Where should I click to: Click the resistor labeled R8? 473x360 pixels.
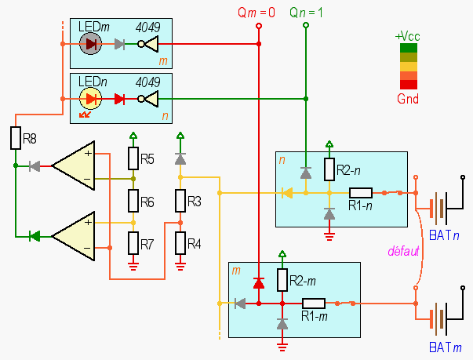point(16,139)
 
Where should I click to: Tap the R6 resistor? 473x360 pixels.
point(133,202)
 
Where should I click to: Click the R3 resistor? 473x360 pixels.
point(180,202)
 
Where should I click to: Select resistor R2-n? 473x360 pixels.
point(329,169)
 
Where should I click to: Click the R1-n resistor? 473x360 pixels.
point(361,192)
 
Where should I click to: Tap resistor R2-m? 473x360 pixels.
point(282,280)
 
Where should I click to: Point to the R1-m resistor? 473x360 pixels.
point(314,303)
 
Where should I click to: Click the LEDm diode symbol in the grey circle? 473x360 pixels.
point(91,44)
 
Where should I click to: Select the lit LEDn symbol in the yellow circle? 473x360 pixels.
point(91,99)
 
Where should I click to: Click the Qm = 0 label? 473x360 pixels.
point(257,13)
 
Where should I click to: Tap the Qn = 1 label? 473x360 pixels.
point(306,13)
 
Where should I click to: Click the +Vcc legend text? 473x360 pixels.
point(408,36)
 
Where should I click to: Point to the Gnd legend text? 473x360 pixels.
point(408,100)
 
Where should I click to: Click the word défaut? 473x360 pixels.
point(403,251)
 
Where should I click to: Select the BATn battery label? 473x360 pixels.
point(446,235)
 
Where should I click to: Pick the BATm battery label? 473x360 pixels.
point(446,347)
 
